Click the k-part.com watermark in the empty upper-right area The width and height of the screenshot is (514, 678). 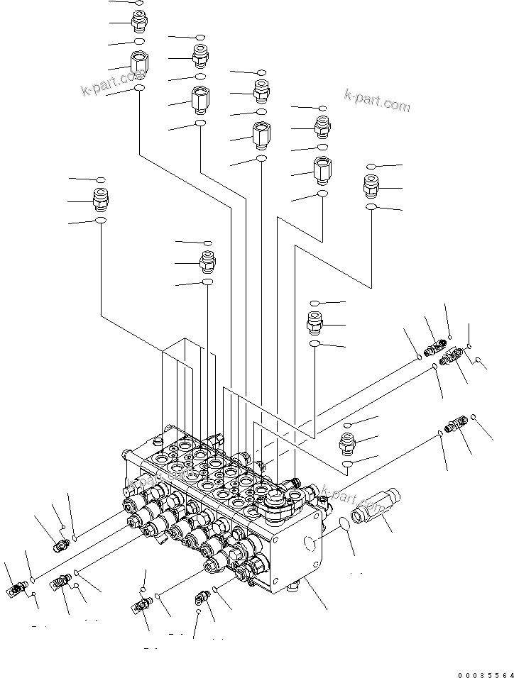point(376,100)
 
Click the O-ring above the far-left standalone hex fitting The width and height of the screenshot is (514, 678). point(101,180)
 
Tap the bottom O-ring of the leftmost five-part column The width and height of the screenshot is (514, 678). point(139,89)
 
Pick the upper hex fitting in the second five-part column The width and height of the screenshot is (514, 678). point(199,53)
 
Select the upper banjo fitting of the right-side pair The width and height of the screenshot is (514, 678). point(434,348)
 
